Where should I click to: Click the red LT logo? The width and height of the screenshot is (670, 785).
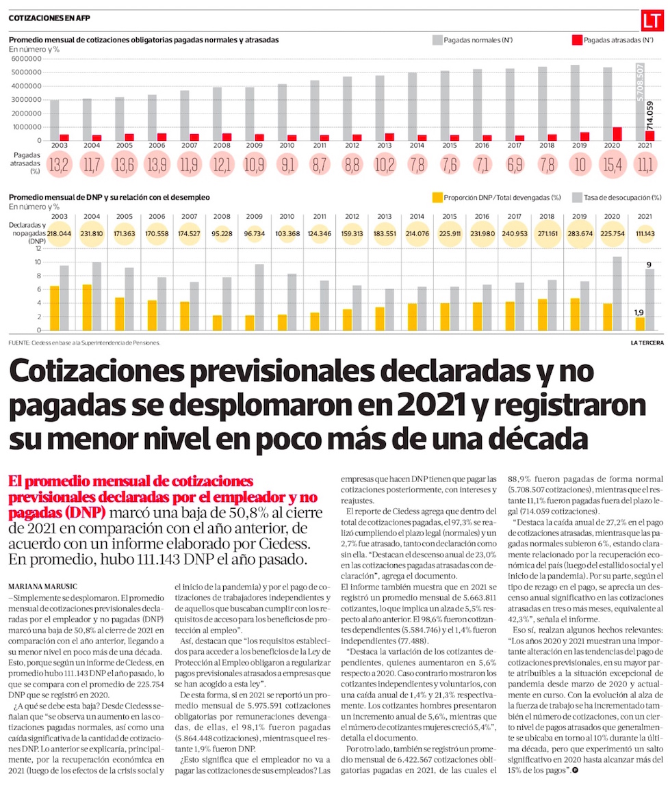[x=654, y=23]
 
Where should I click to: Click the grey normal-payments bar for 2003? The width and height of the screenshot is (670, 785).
[x=54, y=120]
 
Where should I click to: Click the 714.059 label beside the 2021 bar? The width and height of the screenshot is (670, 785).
[x=649, y=118]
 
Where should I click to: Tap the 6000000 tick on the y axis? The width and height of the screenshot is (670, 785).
[x=26, y=59]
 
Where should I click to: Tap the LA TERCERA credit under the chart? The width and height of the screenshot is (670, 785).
[x=647, y=343]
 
